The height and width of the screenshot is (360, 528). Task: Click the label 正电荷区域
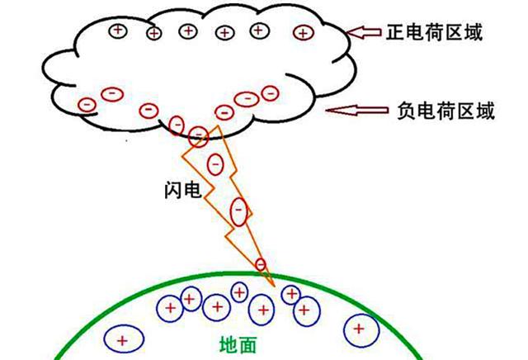tap(434, 32)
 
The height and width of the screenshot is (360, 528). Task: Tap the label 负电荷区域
tap(445, 111)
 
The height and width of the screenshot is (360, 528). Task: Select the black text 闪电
tap(183, 190)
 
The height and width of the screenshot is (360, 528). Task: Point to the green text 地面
tap(238, 344)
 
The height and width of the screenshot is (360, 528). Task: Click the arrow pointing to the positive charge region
tap(364, 32)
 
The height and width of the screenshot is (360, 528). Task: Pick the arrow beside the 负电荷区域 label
tap(357, 110)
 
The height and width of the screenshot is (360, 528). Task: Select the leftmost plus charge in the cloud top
tap(118, 31)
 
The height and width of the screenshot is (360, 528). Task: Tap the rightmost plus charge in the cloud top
tap(304, 33)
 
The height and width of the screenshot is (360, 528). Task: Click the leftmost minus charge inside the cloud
tap(87, 105)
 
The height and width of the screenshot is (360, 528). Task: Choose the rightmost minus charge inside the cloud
tap(270, 93)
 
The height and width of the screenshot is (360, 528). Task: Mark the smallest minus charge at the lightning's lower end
tap(261, 264)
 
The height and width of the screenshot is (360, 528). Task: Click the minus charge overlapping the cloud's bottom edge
tap(199, 136)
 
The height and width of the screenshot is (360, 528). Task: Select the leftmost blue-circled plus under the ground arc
tap(124, 339)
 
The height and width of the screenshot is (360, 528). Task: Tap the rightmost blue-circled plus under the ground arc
tap(361, 330)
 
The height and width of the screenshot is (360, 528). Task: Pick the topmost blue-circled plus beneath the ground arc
tap(239, 292)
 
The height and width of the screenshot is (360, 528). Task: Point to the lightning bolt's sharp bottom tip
tap(275, 287)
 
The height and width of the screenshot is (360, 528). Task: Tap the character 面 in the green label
tap(247, 344)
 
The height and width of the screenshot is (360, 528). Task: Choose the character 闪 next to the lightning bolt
tap(173, 190)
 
